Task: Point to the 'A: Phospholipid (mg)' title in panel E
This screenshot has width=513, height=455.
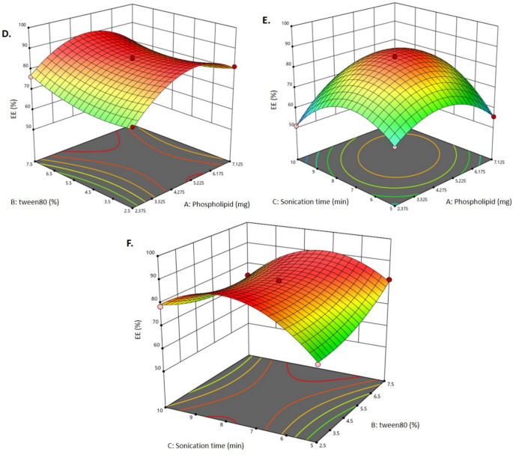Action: point(468,201)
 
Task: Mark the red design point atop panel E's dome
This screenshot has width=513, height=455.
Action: point(395,56)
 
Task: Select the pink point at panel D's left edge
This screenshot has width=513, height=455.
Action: point(30,76)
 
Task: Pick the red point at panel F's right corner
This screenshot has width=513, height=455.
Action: point(389,280)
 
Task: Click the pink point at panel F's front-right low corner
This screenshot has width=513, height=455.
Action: point(318,364)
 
